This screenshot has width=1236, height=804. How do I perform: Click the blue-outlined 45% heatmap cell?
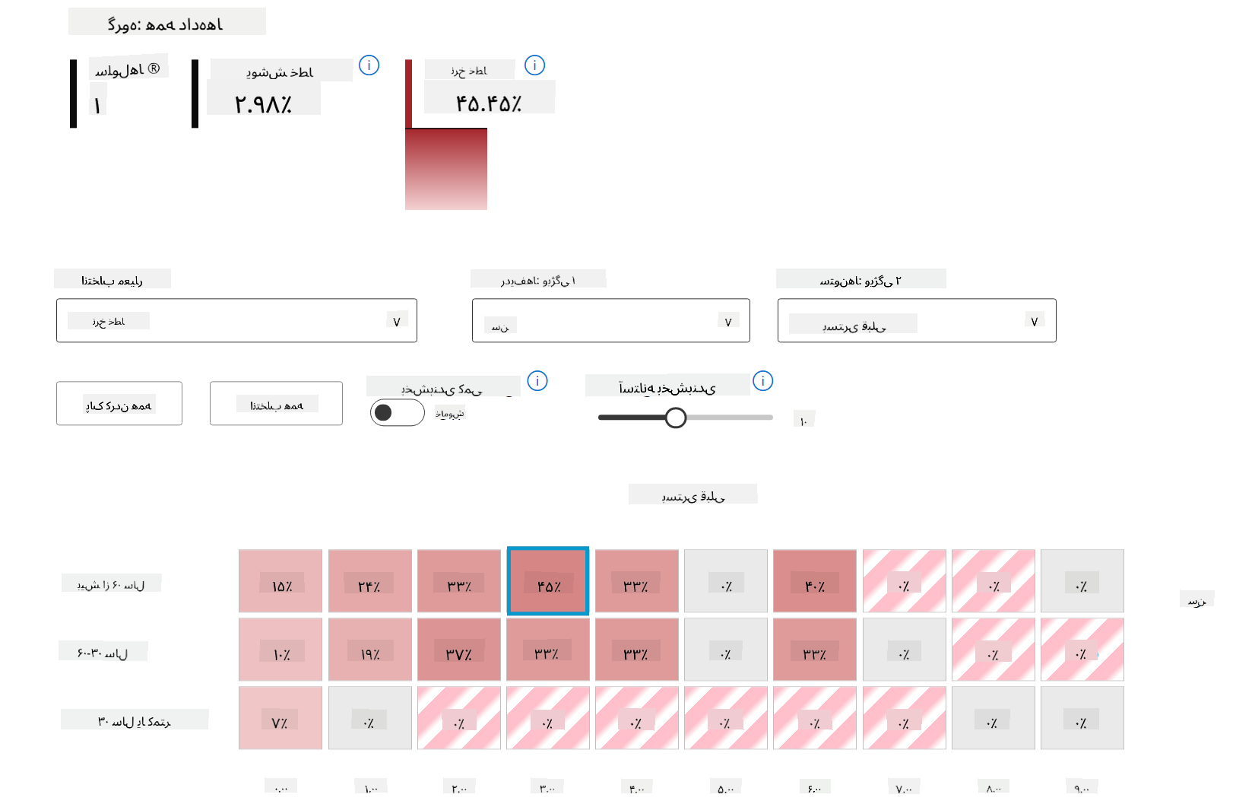click(547, 580)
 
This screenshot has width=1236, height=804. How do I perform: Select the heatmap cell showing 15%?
click(280, 580)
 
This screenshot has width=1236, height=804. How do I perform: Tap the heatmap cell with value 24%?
click(369, 580)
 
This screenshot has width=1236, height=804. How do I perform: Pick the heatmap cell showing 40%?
click(814, 580)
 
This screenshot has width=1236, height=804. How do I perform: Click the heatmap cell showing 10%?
click(280, 649)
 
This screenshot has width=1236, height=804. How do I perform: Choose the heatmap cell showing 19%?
click(369, 649)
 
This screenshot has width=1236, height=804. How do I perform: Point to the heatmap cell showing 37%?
click(458, 649)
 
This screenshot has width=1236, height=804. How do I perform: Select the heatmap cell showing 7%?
click(280, 717)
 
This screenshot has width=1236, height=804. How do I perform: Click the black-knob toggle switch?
click(397, 412)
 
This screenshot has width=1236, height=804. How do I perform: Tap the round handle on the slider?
click(675, 418)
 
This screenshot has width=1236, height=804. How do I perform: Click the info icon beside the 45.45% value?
click(534, 65)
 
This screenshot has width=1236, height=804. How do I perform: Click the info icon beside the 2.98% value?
click(369, 65)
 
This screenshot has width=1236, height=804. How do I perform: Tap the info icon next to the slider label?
click(762, 380)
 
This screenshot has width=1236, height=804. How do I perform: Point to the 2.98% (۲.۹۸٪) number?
click(263, 103)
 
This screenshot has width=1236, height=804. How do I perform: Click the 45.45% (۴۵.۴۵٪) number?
click(489, 103)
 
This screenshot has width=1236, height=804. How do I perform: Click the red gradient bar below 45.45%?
click(446, 169)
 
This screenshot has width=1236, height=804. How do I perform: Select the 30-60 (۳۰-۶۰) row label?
click(103, 653)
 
